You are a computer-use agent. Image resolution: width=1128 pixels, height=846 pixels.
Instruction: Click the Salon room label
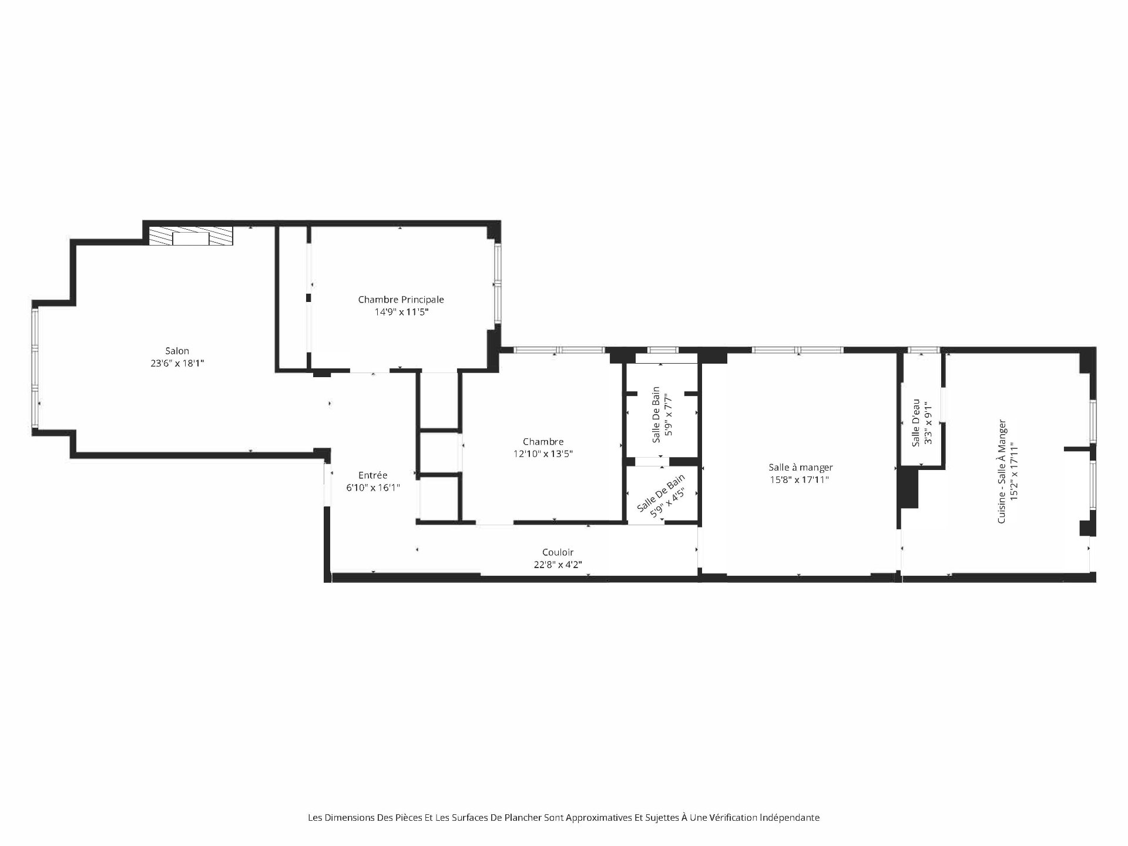click(x=177, y=351)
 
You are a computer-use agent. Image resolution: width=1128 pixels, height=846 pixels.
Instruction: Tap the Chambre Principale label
click(x=401, y=300)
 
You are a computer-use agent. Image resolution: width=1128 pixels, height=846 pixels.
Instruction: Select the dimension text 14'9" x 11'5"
click(x=402, y=312)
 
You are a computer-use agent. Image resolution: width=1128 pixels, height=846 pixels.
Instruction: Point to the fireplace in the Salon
click(x=191, y=236)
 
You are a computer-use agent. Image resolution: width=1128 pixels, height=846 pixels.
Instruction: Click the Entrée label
click(x=373, y=475)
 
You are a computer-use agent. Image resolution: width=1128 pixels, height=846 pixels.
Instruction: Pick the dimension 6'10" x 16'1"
click(x=373, y=487)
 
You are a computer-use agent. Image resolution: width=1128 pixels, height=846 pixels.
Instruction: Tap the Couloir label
click(x=558, y=552)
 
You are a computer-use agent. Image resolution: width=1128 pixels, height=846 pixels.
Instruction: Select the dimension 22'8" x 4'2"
click(x=558, y=565)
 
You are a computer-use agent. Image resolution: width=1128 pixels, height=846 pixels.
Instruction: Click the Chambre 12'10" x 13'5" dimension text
click(x=543, y=454)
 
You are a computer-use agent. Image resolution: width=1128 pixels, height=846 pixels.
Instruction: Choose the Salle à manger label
click(x=801, y=468)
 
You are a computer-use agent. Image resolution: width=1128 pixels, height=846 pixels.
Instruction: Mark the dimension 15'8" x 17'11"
click(x=801, y=479)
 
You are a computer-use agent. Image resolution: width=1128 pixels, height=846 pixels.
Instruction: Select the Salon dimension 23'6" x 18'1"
click(x=177, y=363)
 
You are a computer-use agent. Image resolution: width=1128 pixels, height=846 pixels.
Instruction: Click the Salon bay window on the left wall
click(x=36, y=368)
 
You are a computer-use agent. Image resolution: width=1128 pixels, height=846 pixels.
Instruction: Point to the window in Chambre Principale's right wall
click(x=498, y=283)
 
